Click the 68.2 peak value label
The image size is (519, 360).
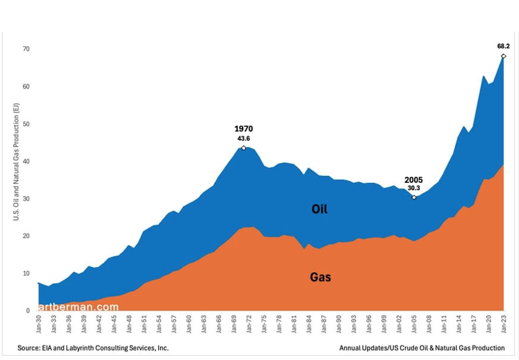(503, 45)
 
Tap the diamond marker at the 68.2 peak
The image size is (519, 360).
(503, 56)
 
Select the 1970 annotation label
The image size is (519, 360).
(243, 128)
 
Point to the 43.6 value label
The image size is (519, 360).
(243, 138)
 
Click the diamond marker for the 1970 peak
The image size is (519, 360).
(243, 148)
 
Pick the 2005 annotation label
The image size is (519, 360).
(414, 180)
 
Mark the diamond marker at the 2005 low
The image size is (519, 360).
(414, 198)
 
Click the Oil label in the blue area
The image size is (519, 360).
(319, 209)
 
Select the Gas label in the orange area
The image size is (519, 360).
(320, 277)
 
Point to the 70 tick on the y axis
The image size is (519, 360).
(26, 49)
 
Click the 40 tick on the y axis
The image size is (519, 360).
(26, 161)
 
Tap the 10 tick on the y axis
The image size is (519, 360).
(26, 273)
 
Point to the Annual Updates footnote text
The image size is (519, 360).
(422, 348)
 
